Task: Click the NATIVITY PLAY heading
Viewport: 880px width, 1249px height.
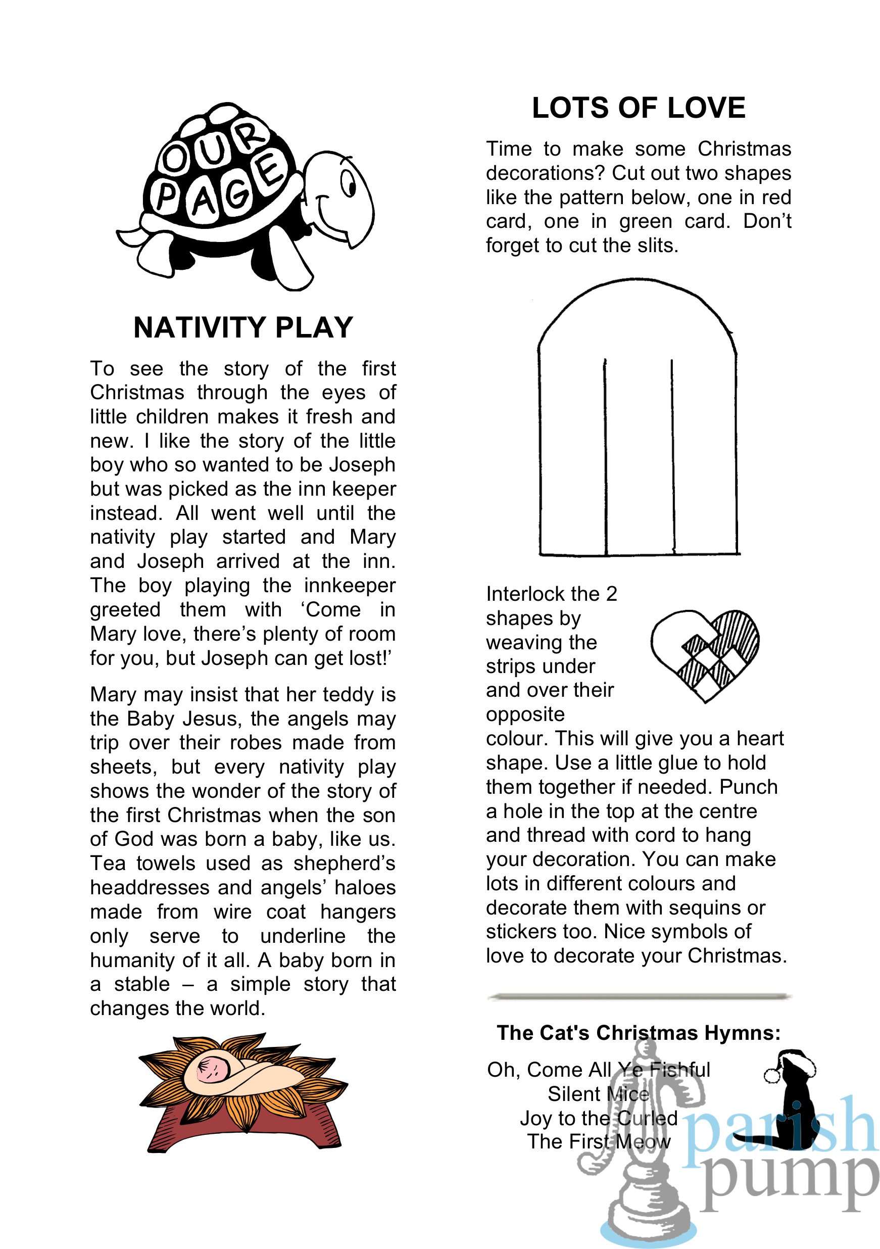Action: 243,327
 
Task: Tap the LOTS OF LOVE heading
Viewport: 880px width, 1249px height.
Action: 638,108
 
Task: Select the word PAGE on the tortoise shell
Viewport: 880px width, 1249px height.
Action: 218,190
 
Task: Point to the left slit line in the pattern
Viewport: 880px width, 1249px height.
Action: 605,457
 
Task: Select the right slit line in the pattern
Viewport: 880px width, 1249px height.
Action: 673,457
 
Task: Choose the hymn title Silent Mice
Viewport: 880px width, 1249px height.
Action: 598,1093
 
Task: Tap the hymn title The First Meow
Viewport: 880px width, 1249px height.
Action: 598,1141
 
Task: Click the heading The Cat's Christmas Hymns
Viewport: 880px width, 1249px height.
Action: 639,1032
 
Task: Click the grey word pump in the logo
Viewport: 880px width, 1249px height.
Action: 789,1180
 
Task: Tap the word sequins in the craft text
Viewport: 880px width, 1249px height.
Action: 707,907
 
